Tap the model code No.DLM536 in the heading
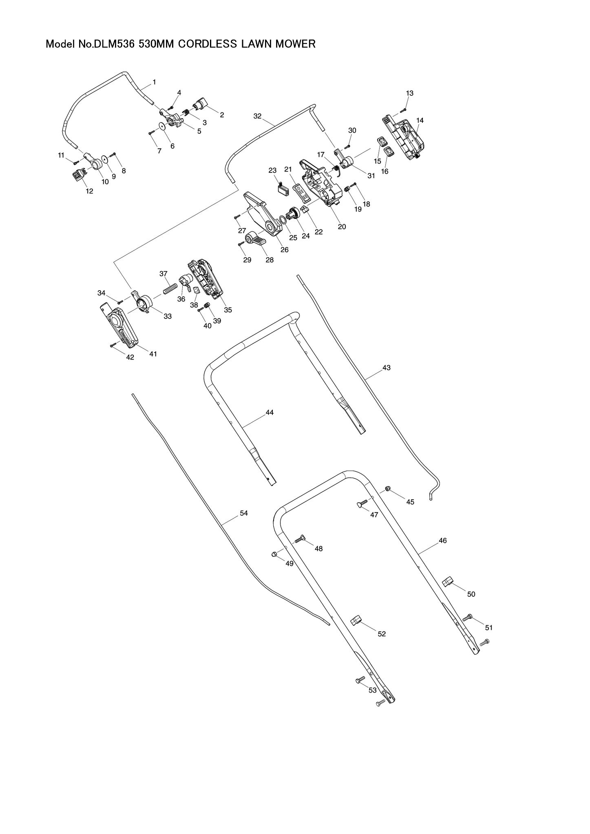tap(110, 44)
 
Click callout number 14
tap(420, 120)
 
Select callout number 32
tap(257, 116)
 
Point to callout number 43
tap(387, 368)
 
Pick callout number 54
tap(244, 513)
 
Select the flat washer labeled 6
tap(163, 126)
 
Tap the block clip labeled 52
tap(356, 632)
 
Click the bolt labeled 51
tap(467, 630)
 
